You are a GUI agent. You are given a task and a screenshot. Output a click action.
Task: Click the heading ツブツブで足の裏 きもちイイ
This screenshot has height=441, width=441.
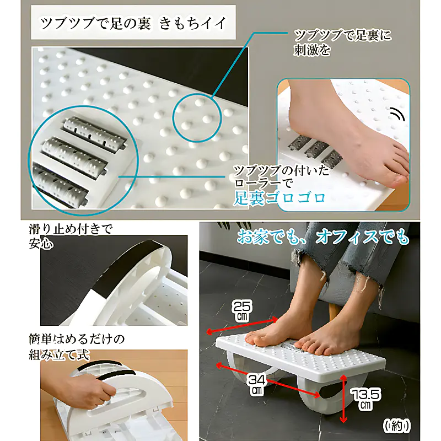coord(133,23)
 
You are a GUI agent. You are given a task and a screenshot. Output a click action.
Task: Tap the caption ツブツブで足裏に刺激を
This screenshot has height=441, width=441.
coord(342,42)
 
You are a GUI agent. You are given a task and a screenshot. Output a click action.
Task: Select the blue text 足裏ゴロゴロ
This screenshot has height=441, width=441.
coord(279,198)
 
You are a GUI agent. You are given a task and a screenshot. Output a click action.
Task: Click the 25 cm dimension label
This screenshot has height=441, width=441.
coord(243,311)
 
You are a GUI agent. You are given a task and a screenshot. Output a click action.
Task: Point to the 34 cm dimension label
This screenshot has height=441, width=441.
coord(256,385)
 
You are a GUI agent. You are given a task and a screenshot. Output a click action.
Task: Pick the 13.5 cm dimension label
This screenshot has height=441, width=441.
coord(365,399)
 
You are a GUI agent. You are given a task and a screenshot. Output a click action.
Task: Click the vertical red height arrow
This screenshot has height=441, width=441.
coord(343,399)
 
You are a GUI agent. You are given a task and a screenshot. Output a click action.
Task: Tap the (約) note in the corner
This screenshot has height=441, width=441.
coord(397,426)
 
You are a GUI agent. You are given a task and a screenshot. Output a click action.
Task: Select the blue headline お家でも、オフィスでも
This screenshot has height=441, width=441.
coord(323,237)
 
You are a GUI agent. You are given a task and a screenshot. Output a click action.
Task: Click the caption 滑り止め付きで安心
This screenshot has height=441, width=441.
coord(71,236)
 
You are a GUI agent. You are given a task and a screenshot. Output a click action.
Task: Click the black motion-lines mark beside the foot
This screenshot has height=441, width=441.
coord(397,114)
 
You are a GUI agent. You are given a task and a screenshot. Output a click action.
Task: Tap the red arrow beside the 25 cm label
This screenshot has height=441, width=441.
coord(242,326)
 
